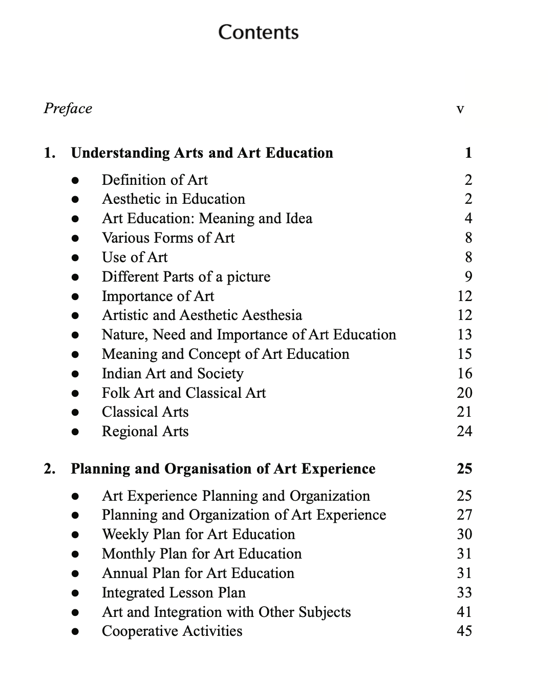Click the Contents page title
258,32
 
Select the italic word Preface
68,109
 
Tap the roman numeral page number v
460,109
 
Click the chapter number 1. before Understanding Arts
50,153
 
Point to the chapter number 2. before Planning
50,469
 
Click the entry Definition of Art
155,180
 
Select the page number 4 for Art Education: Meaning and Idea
468,219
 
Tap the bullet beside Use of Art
75,258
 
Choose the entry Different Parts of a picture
186,277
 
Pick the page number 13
464,335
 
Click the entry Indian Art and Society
173,374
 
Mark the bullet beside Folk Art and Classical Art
75,394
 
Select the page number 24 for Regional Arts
464,432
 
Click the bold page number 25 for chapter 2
464,469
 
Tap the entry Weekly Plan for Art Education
198,535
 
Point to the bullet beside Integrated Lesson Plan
75,593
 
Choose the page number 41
464,612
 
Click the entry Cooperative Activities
172,631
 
